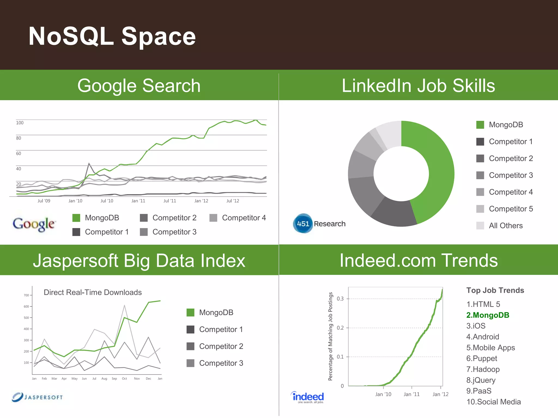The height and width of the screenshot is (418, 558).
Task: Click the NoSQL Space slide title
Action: pyautogui.click(x=112, y=36)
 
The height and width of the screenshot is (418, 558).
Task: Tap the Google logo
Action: pyautogui.click(x=34, y=224)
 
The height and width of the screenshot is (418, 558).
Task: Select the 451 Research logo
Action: pyautogui.click(x=319, y=224)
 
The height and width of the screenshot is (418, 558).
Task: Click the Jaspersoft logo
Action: pyautogui.click(x=37, y=397)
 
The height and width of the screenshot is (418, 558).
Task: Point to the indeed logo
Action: pyautogui.click(x=308, y=397)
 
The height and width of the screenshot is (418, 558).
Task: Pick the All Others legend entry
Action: pyautogui.click(x=505, y=226)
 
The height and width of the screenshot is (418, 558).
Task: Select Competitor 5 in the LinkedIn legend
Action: pyautogui.click(x=511, y=209)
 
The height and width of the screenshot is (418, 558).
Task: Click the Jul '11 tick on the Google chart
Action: pyautogui.click(x=169, y=201)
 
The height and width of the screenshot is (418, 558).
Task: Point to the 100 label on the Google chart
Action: pyautogui.click(x=20, y=123)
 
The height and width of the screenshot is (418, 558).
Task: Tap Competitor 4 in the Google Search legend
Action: pyautogui.click(x=244, y=218)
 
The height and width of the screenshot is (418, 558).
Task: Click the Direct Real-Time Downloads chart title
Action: pyautogui.click(x=93, y=292)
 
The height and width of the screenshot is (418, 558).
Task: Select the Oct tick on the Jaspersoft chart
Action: pyautogui.click(x=124, y=379)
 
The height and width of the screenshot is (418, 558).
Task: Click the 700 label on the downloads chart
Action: pyautogui.click(x=26, y=295)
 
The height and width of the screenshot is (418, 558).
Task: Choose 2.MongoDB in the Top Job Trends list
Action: pyautogui.click(x=487, y=315)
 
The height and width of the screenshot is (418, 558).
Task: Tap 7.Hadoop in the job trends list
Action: pyautogui.click(x=483, y=369)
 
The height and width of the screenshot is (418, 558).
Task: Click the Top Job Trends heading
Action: pyautogui.click(x=495, y=290)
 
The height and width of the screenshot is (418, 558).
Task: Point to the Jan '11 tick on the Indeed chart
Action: pyautogui.click(x=411, y=394)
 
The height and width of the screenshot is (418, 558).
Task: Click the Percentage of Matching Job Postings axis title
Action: pyautogui.click(x=330, y=336)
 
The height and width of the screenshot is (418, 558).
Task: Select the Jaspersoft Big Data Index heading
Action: pyautogui.click(x=139, y=260)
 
